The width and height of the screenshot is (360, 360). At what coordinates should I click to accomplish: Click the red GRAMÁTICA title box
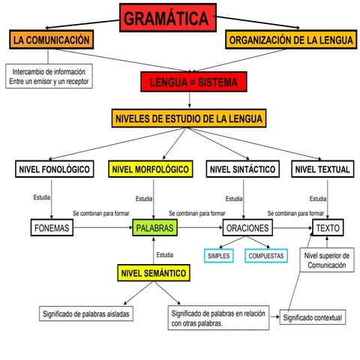pos(167,18)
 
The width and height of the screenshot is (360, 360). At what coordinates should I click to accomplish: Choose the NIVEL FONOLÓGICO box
pos(54,170)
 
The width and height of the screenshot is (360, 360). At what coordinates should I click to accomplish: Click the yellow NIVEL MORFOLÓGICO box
pos(150,170)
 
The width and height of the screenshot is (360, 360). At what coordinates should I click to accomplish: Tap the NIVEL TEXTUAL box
pos(322,170)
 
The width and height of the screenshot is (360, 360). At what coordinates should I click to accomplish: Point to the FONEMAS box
pos(52,227)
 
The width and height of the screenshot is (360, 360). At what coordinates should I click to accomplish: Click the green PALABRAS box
pos(155,227)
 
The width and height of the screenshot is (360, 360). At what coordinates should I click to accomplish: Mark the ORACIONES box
pos(245,227)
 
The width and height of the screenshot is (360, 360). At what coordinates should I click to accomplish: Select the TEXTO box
pos(328,227)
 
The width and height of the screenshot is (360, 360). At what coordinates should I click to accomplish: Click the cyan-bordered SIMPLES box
pos(219,255)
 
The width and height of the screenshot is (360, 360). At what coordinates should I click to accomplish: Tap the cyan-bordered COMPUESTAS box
pos(266,255)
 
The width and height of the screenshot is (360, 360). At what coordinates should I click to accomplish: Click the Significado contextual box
pos(313,318)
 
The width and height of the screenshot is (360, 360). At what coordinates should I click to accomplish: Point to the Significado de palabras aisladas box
pos(87,313)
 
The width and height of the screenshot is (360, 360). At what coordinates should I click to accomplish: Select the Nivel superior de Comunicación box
pos(326,260)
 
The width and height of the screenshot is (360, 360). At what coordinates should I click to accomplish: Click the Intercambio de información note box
pos(49,76)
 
